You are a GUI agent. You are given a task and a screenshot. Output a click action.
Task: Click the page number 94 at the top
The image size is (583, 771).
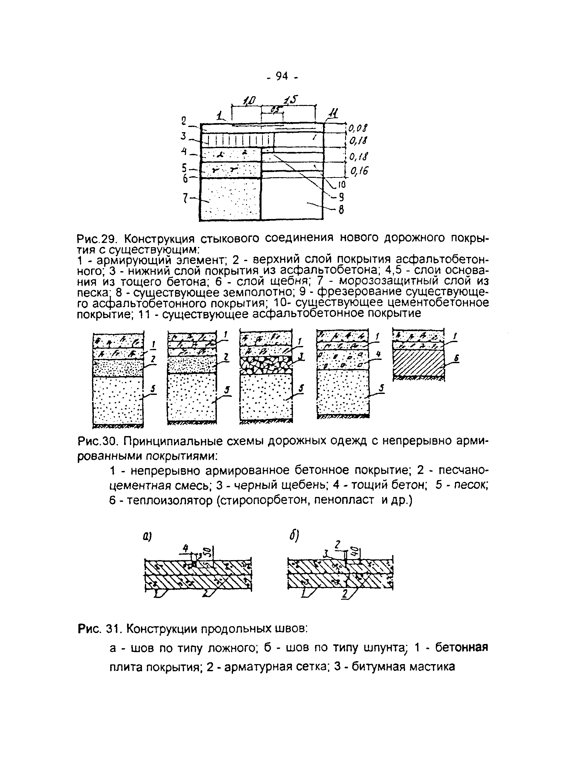[282, 76]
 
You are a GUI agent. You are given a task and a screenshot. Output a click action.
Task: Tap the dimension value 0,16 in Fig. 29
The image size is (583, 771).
[357, 171]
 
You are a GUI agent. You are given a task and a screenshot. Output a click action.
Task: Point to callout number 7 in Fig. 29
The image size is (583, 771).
[186, 198]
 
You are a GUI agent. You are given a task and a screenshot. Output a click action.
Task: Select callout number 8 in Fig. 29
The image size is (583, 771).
[341, 210]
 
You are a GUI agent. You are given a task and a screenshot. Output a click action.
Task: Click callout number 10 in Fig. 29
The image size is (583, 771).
[341, 184]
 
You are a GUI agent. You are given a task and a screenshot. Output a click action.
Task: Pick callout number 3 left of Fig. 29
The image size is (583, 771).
[184, 136]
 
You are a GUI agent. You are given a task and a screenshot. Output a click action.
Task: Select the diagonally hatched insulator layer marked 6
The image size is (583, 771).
[418, 363]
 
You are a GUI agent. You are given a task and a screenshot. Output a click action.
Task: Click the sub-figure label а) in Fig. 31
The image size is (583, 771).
[147, 538]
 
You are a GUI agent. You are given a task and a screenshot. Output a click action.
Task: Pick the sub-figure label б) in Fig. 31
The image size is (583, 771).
[291, 537]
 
